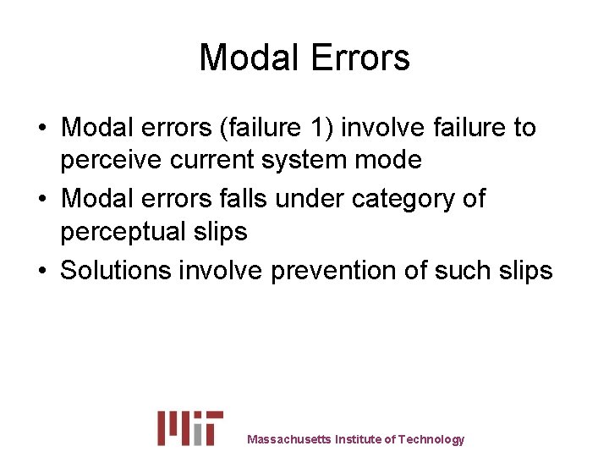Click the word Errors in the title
(x=360, y=58)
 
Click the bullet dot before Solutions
(x=41, y=272)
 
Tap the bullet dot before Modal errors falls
(x=41, y=200)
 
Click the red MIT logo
(x=190, y=428)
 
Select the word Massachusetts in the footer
(x=288, y=439)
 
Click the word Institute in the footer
(x=358, y=439)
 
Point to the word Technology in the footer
(x=431, y=439)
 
